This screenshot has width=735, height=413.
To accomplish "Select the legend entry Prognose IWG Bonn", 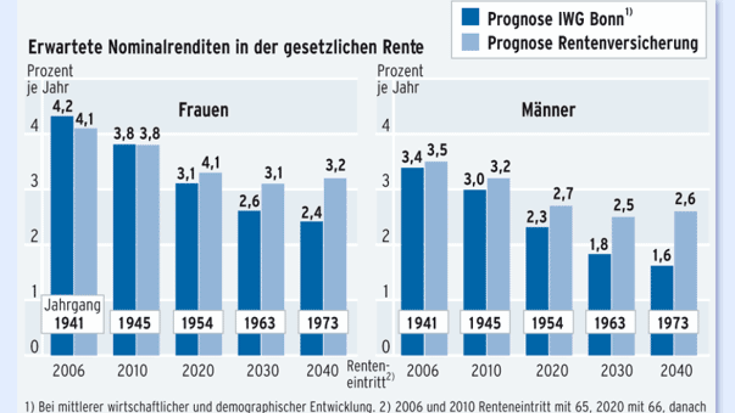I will pos(555,18).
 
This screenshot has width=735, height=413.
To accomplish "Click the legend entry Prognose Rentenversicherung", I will pos(592,43).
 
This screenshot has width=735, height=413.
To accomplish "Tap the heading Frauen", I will pos(203,111).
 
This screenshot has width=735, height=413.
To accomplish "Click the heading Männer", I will pos(548,111).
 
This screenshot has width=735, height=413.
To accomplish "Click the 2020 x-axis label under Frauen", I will pos(199,371).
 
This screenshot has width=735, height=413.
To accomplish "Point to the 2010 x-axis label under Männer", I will pos(485,371).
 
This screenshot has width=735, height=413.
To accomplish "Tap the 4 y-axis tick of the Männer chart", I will pos(386,125).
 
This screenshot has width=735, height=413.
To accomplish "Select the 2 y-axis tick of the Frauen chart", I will pos(34,236).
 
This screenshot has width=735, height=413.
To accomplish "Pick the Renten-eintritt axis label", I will pos(369,371).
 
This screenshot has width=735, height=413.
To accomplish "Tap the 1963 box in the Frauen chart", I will pos(260,323).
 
